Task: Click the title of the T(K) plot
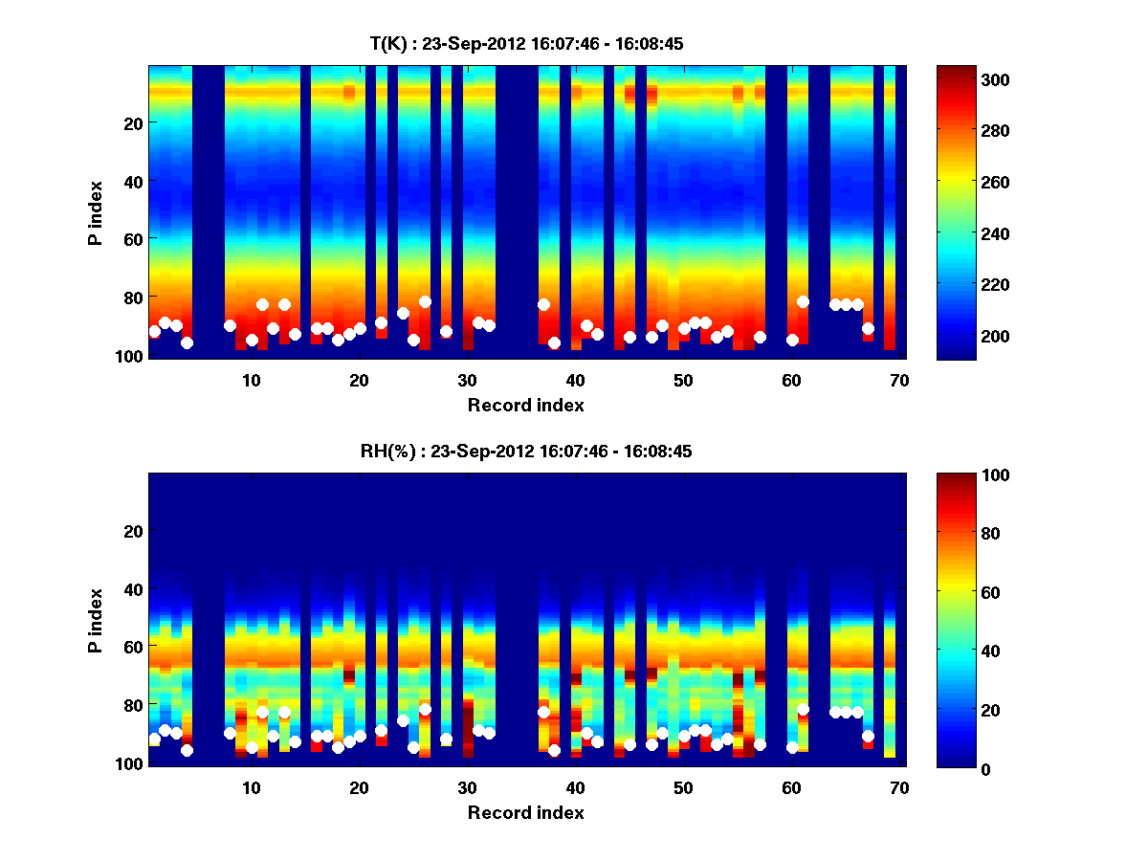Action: (x=526, y=44)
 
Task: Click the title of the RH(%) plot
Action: (x=526, y=452)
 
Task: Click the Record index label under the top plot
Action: (x=526, y=405)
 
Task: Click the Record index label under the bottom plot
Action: (x=526, y=812)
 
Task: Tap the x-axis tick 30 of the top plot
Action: (x=467, y=380)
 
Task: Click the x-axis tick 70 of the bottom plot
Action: (x=899, y=787)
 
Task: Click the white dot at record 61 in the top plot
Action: (x=804, y=302)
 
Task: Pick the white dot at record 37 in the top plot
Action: (x=543, y=304)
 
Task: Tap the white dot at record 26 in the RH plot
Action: (x=425, y=709)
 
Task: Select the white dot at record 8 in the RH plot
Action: (x=230, y=734)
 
